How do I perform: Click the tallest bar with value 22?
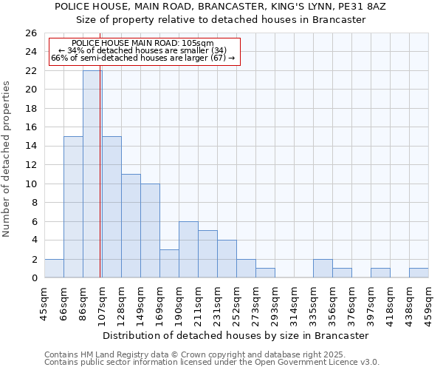click(92, 174)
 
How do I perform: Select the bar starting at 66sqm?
click(73, 207)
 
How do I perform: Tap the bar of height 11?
click(131, 226)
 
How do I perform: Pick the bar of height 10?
click(150, 231)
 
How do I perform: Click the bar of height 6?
click(188, 249)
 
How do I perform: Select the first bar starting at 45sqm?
click(54, 269)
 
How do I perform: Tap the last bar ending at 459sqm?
click(419, 273)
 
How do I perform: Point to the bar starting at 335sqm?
click(323, 269)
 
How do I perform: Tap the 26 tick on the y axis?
click(31, 33)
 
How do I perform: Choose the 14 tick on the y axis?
click(31, 147)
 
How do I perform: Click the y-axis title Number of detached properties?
click(7, 159)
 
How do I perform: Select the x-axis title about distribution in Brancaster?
click(235, 335)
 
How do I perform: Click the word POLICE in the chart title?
click(76, 6)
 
